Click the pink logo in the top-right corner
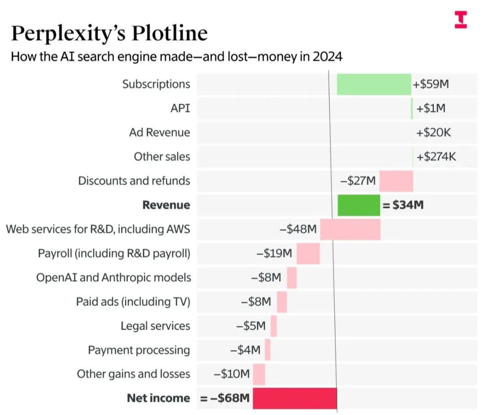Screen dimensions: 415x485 point(461,20)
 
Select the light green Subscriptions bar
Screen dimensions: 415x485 point(374,84)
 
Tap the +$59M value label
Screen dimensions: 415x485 point(431,84)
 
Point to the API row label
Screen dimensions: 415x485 point(180,108)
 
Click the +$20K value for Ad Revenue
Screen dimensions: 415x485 point(434,132)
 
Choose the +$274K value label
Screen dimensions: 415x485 point(436,157)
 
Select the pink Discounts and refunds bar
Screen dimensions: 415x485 point(396,181)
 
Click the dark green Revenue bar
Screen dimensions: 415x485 point(358,205)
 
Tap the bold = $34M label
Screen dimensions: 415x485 point(403,205)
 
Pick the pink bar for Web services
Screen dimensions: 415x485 point(350,230)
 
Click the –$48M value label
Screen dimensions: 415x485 point(298,230)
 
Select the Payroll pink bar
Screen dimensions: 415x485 point(308,254)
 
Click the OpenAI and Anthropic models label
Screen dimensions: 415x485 point(114,278)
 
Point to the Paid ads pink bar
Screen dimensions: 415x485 point(282,302)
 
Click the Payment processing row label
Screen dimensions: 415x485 point(139,350)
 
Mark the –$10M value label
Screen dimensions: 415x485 point(232,374)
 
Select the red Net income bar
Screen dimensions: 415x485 point(295,398)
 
